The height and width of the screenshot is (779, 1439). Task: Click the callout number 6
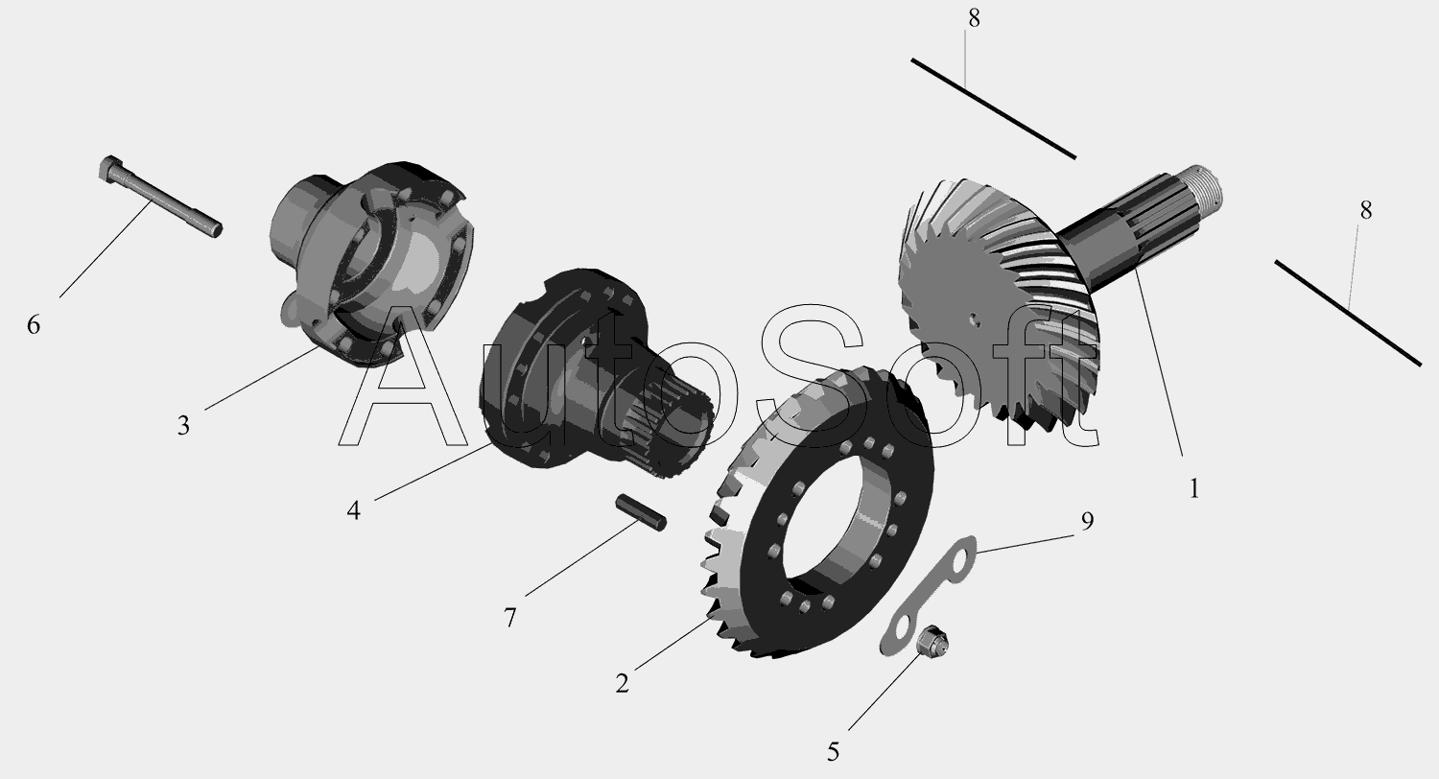(34, 325)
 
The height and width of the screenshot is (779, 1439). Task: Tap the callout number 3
(184, 426)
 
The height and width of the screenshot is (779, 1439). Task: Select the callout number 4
(353, 511)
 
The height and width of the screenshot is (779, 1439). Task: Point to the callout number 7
(510, 618)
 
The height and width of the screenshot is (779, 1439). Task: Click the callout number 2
(622, 683)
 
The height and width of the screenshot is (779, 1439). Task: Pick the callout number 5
(834, 752)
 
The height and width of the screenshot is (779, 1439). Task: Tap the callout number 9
(1087, 522)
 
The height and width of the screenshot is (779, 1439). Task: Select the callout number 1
(1194, 489)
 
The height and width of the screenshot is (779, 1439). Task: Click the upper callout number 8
(974, 19)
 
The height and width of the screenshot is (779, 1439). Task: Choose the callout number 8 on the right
(1366, 211)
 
